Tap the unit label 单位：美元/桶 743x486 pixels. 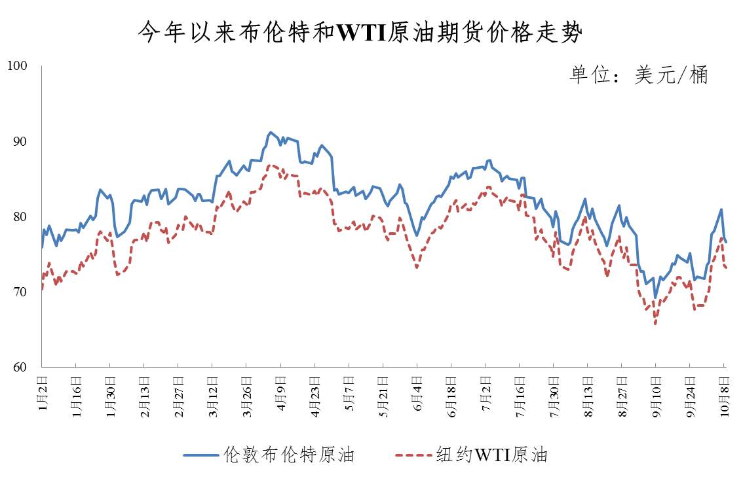tap(638, 75)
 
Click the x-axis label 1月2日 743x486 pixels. tap(42, 393)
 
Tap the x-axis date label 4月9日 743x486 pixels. tap(280, 393)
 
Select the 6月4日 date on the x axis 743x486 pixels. tap(417, 393)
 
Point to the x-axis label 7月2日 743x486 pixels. tap(486, 393)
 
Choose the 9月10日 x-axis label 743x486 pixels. tap(656, 396)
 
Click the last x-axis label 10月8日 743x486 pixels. tap(724, 396)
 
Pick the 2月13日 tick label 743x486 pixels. tap(144, 396)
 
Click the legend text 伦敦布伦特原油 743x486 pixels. tap(289, 455)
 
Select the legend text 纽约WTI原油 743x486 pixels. tap(491, 455)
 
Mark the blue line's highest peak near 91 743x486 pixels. tap(271, 132)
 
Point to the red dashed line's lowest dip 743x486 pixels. tap(655, 324)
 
